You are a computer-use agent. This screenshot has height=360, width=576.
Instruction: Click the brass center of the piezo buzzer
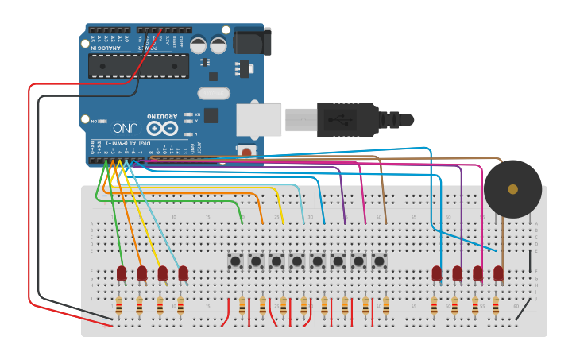click(x=512, y=189)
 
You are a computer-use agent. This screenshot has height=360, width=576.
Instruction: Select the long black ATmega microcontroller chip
click(x=138, y=66)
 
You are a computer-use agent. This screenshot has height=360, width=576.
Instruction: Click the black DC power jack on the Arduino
click(x=252, y=41)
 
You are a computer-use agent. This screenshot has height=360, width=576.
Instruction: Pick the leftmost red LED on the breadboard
click(x=122, y=273)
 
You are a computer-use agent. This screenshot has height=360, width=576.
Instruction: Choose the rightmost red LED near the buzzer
click(x=498, y=273)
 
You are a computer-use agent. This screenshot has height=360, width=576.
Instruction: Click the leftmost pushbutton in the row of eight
click(x=235, y=261)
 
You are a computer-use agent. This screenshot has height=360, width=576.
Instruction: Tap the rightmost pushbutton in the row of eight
click(x=379, y=261)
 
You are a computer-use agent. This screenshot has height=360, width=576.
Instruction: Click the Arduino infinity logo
click(x=161, y=127)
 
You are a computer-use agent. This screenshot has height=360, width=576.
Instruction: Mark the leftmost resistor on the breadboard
click(x=119, y=306)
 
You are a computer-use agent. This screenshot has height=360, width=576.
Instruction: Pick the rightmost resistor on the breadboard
click(x=496, y=306)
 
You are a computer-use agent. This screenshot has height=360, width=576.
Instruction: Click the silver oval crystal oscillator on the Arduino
click(x=213, y=93)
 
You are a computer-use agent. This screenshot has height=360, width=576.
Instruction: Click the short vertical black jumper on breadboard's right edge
click(x=531, y=262)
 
